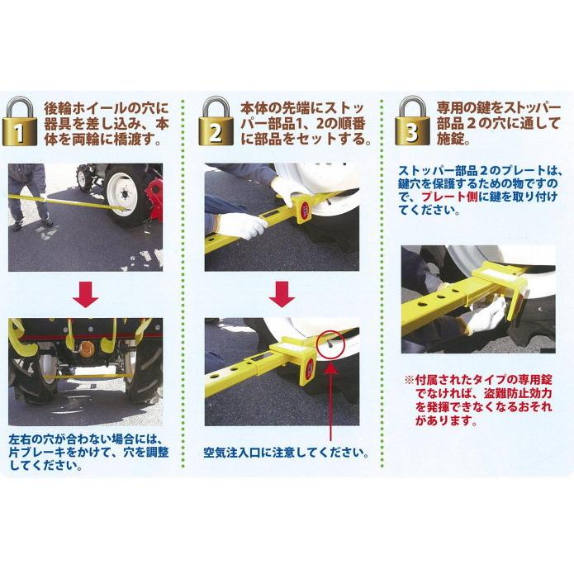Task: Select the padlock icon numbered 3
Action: pos(410,122)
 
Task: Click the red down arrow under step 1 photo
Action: pos(87,293)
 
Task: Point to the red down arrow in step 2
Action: pos(282,293)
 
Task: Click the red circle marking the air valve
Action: pos(330,345)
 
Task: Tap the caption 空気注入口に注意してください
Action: pos(285,453)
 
